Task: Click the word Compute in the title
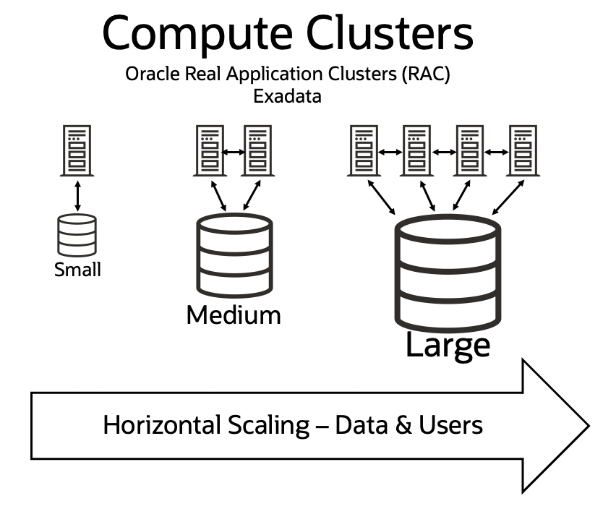(195, 33)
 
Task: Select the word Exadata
(287, 95)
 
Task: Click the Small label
(77, 270)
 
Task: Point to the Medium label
(233, 315)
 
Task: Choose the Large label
(448, 345)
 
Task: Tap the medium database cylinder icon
(234, 255)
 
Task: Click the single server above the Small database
(77, 150)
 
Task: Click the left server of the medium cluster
(208, 150)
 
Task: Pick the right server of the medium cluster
(257, 150)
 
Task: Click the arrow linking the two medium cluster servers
(232, 152)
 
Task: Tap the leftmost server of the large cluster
(364, 150)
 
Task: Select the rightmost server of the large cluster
(523, 150)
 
